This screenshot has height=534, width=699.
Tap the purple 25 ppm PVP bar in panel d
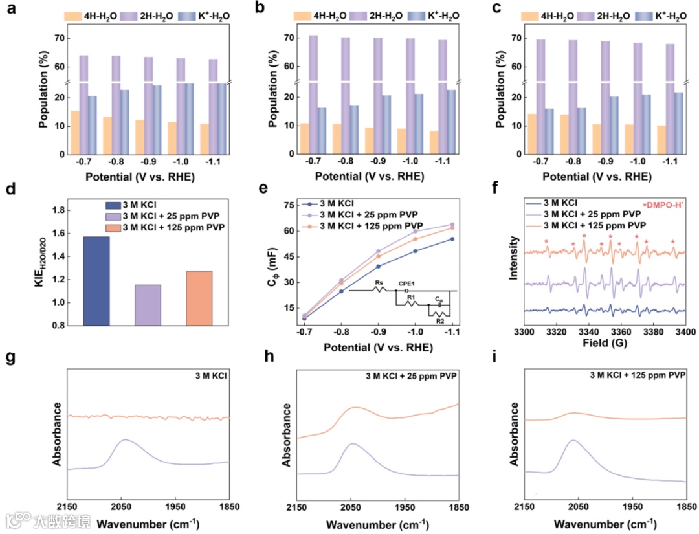(148, 305)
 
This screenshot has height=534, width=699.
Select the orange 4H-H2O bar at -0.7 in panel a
(75, 133)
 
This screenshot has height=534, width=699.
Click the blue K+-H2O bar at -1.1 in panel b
(450, 122)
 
